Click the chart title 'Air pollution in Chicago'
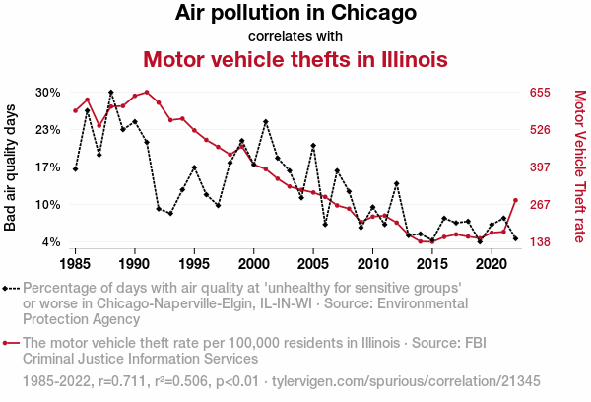pos(295,14)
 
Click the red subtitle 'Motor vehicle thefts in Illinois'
pos(295,59)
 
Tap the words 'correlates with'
pos(295,36)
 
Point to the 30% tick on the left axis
pos(48,93)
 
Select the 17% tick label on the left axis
pos(48,167)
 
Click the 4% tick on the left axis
pos(51,242)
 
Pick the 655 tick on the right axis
pos(541,93)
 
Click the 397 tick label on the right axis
pos(541,167)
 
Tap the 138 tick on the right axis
pos(541,242)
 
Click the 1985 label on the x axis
pos(76,265)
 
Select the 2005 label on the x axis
pos(313,265)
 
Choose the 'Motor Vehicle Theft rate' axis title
pos(579,167)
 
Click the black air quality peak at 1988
pos(110,92)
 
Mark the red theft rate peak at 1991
pos(147,93)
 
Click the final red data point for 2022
pos(515,201)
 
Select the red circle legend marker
pos(9,344)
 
